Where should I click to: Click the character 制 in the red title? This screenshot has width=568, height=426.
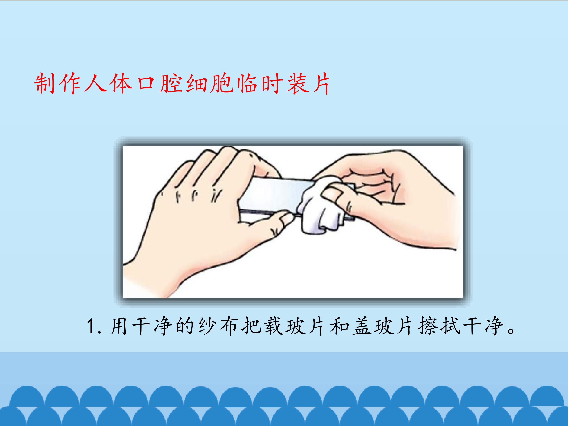point(45,84)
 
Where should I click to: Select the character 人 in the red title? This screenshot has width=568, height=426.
point(95,84)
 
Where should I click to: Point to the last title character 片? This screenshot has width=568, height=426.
point(320,84)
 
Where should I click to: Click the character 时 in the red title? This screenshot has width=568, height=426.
point(271,84)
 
